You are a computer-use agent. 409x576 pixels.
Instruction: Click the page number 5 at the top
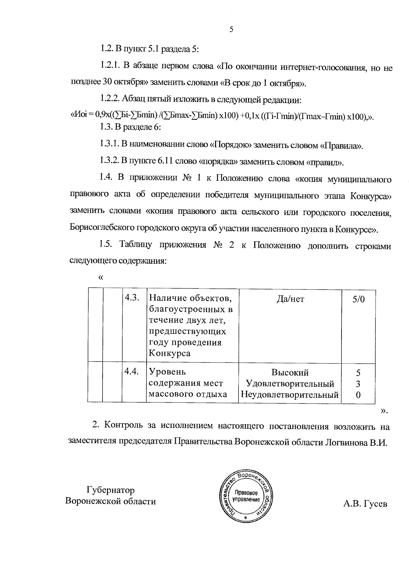pyautogui.click(x=231, y=30)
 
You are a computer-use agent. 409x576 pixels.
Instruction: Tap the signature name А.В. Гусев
pyautogui.click(x=365, y=504)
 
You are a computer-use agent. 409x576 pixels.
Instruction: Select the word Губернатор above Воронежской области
pyautogui.click(x=110, y=490)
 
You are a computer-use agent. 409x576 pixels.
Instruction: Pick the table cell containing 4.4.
pyautogui.click(x=132, y=372)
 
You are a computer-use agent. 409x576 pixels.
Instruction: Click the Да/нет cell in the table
pyautogui.click(x=290, y=299)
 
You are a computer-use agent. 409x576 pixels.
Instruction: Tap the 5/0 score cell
pyautogui.click(x=358, y=299)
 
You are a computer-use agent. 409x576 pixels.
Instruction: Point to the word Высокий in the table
pyautogui.click(x=290, y=372)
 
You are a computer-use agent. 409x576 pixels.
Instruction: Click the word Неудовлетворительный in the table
pyautogui.click(x=290, y=395)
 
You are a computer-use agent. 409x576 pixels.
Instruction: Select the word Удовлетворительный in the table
pyautogui.click(x=290, y=384)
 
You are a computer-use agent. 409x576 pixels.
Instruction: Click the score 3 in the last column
pyautogui.click(x=358, y=384)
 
